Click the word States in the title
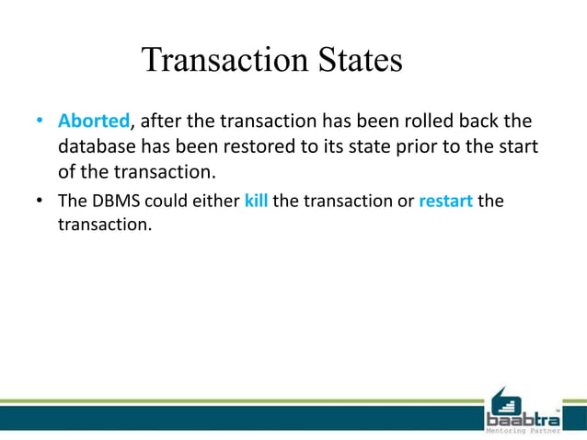pos(359,61)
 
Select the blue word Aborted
pos(94,122)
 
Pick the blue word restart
pos(445,201)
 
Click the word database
pos(98,146)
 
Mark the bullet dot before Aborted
pos(40,122)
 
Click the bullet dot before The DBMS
pos(40,201)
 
